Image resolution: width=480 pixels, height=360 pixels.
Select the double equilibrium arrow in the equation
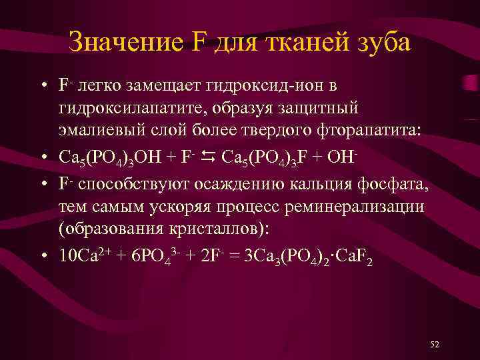207,156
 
